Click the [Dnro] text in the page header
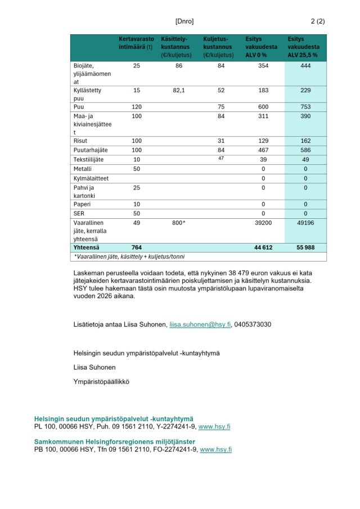(x=184, y=21)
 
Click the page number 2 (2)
(x=318, y=21)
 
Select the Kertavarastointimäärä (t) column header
(x=136, y=43)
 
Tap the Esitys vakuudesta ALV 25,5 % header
(x=304, y=47)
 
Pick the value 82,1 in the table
(x=179, y=91)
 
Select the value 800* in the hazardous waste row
(x=179, y=223)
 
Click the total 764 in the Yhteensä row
(x=137, y=247)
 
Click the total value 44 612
(x=263, y=247)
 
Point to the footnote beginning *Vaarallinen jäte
(x=121, y=256)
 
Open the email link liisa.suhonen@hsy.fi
(x=200, y=325)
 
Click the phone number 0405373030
(x=253, y=325)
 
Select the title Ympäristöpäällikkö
(x=101, y=381)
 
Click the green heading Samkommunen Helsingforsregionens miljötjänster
(x=115, y=442)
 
